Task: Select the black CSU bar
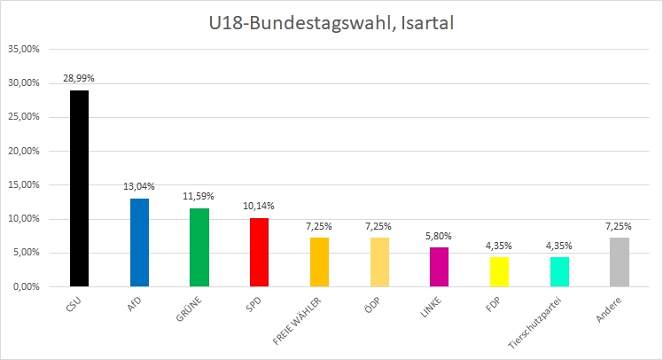(79, 188)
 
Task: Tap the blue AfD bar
(139, 242)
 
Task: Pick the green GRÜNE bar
(199, 247)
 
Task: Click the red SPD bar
(259, 252)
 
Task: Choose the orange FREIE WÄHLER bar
(319, 262)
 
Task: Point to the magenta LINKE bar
(440, 267)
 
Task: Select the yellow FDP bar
(499, 271)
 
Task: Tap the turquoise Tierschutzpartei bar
(559, 271)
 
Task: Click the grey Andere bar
(620, 262)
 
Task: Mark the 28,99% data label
(79, 79)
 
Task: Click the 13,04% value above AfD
(139, 186)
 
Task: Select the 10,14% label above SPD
(259, 206)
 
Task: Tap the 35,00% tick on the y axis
(24, 50)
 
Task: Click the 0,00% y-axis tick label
(26, 286)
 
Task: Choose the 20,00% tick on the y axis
(24, 151)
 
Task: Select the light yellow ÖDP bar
(379, 262)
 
